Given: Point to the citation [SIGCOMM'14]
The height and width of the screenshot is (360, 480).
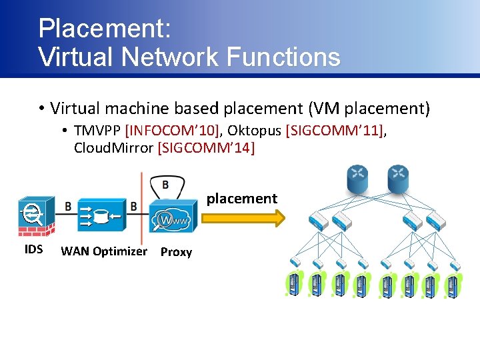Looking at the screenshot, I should click(205, 148).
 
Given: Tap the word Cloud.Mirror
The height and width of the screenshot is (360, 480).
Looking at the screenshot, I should click(113, 148).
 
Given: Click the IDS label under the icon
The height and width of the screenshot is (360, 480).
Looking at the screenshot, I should click(33, 249).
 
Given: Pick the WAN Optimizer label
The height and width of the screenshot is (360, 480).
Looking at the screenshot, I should click(103, 251).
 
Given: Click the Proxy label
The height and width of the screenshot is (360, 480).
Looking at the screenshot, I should click(177, 252).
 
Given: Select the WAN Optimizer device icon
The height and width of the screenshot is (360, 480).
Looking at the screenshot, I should click(101, 215).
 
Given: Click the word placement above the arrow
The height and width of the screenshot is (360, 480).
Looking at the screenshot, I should click(241, 198).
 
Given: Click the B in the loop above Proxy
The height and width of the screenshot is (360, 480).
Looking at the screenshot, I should click(165, 184).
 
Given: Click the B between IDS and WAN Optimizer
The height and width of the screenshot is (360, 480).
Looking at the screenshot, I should click(68, 207).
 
